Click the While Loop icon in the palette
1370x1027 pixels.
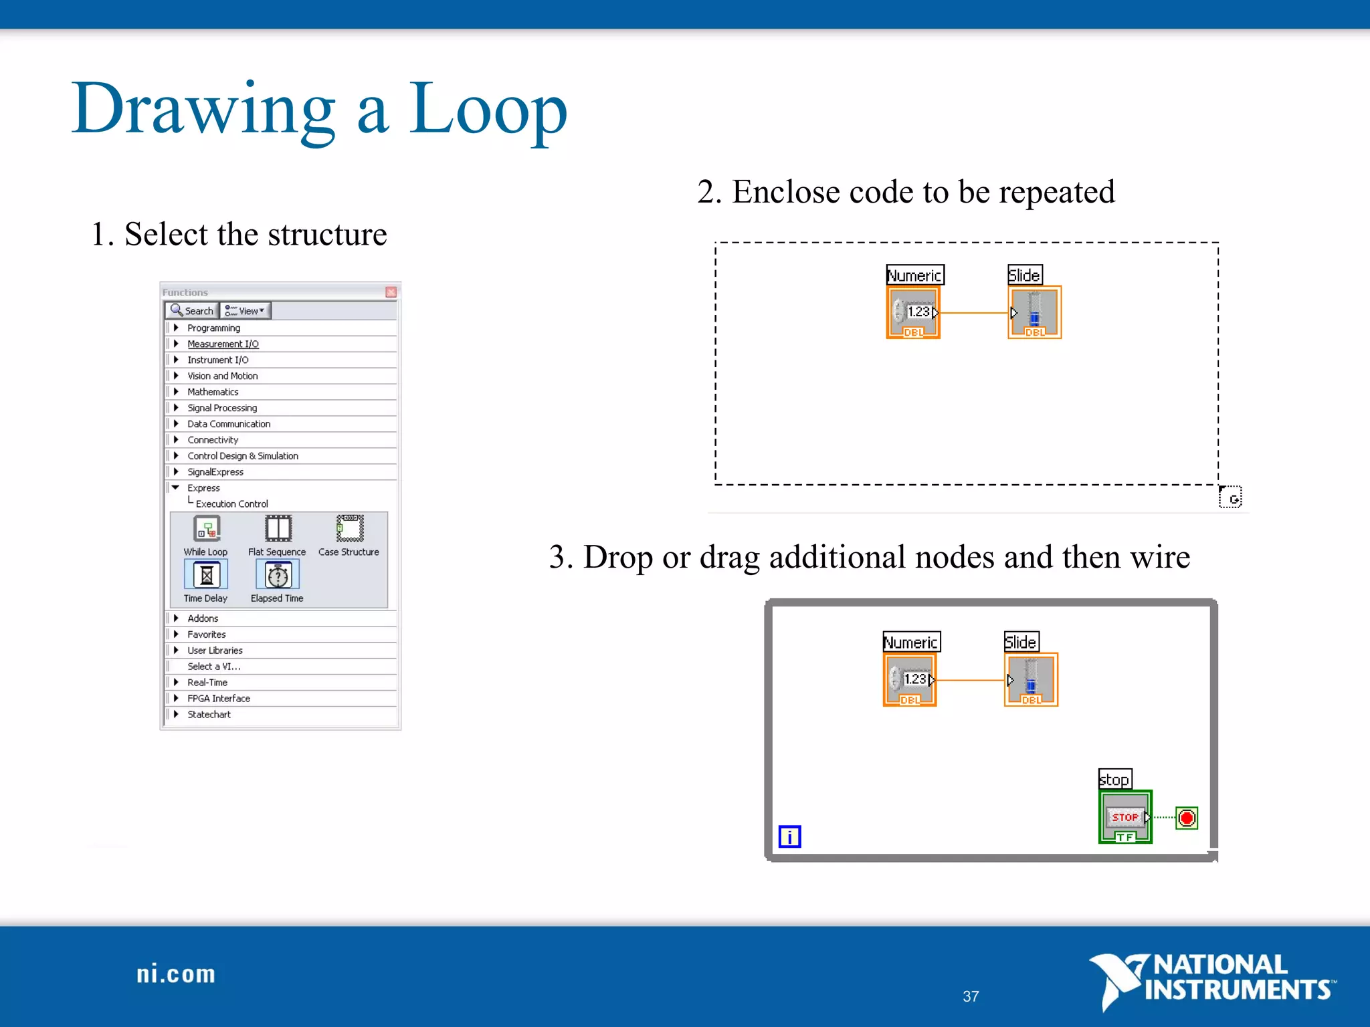[207, 529]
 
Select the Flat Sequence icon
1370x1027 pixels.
[278, 529]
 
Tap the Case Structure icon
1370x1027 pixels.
[349, 528]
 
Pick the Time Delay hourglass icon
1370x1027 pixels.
[206, 574]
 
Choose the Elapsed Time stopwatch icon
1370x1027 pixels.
[278, 575]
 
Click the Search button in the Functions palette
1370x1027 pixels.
[192, 311]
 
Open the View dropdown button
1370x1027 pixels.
[246, 311]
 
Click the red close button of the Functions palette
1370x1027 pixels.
[391, 292]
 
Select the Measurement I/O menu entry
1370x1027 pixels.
[223, 344]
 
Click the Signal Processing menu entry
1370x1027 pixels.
[222, 408]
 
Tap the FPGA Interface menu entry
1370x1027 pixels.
[219, 698]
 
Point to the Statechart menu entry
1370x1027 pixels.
[209, 714]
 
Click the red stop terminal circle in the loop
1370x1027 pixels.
[1187, 818]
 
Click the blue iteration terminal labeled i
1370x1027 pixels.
[789, 836]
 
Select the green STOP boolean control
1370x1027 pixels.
[1125, 817]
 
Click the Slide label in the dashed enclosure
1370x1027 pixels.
[1024, 275]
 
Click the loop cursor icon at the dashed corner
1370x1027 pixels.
[1230, 497]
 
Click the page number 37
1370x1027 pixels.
[971, 996]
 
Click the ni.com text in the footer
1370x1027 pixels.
[176, 974]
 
